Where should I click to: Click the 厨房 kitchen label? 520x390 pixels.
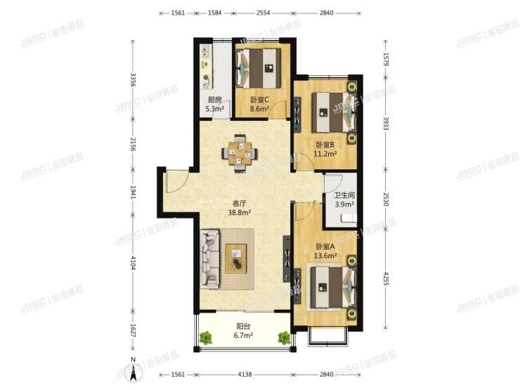click(215, 104)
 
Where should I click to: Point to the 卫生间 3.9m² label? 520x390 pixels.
click(344, 200)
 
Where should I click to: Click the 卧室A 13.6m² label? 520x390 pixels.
click(326, 251)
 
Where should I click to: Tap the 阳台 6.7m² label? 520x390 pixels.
click(242, 331)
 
